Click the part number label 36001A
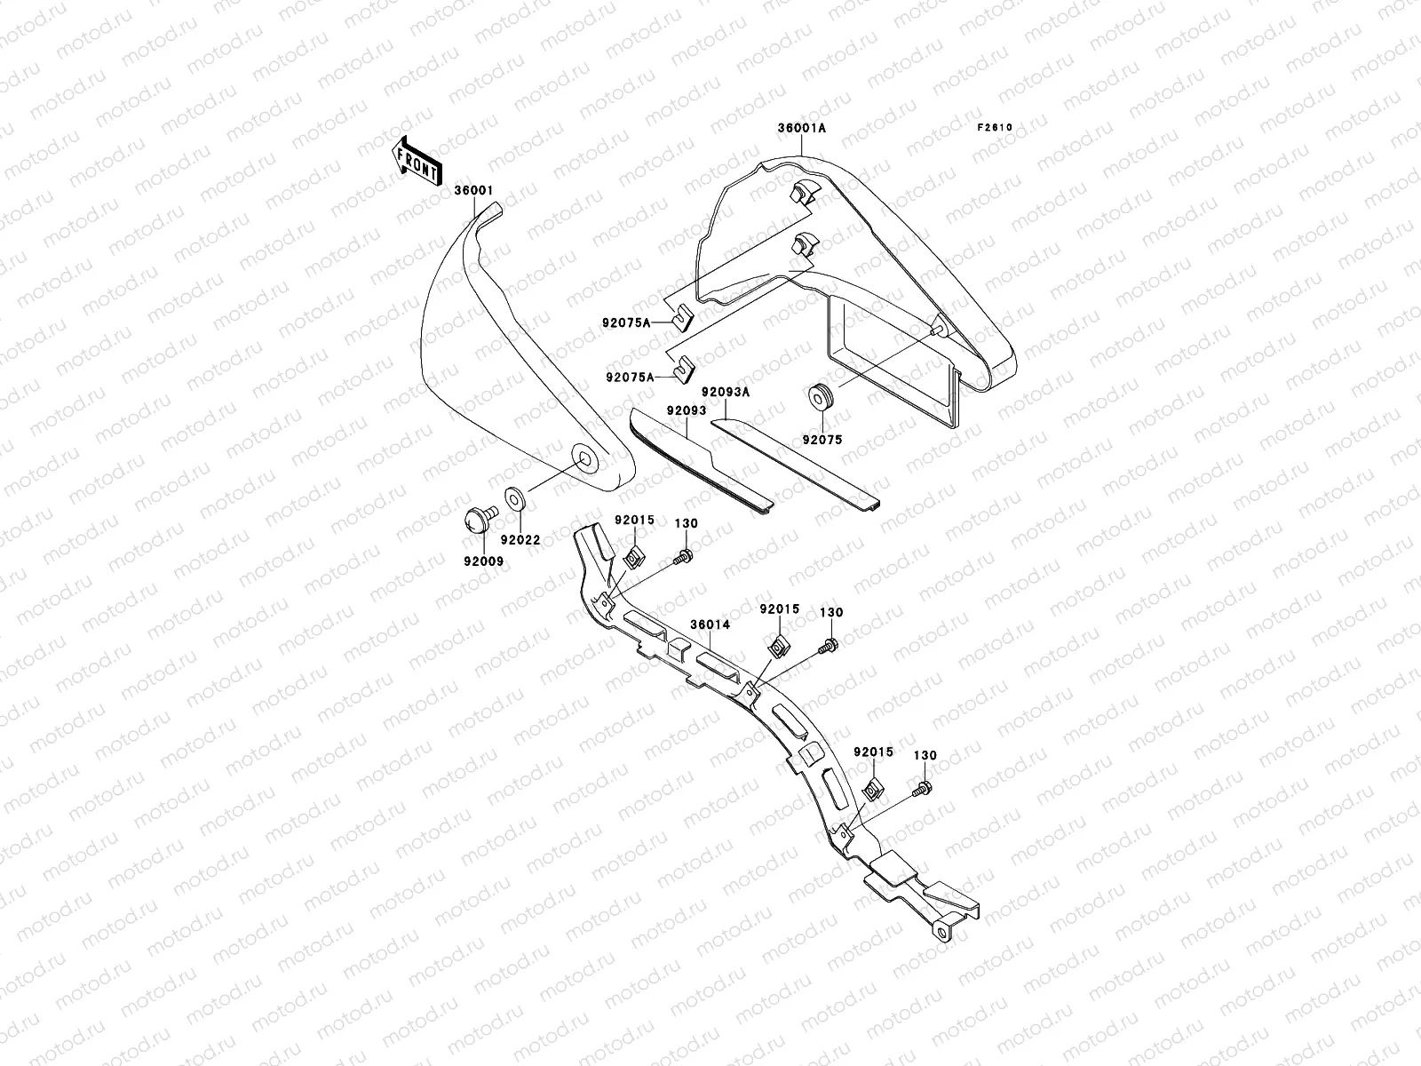[x=801, y=128]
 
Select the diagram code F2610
[x=995, y=127]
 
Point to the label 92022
[x=520, y=539]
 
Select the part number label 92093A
[x=726, y=392]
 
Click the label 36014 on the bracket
[x=710, y=624]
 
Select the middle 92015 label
[x=779, y=609]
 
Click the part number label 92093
[x=686, y=410]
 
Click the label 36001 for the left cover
[x=473, y=190]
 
